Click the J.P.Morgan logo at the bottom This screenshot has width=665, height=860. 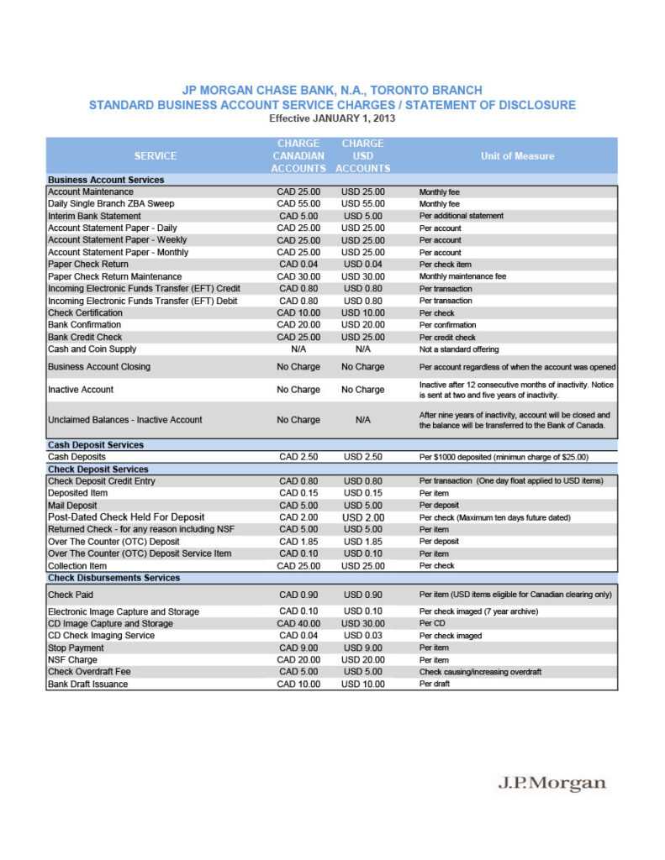pyautogui.click(x=552, y=783)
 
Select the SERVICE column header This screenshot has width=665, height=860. pyautogui.click(x=156, y=155)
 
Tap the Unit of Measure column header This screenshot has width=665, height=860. pyautogui.click(x=517, y=155)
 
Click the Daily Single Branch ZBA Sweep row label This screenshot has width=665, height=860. pyautogui.click(x=111, y=204)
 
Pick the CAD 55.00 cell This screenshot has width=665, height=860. pyautogui.click(x=298, y=204)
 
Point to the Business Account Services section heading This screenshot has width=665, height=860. pyautogui.click(x=106, y=180)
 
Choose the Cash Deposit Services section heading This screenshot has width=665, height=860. pyautogui.click(x=96, y=445)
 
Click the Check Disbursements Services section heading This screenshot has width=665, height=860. pyautogui.click(x=113, y=578)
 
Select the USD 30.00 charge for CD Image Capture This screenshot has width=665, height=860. pyautogui.click(x=363, y=624)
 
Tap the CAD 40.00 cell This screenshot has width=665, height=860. pyautogui.click(x=298, y=624)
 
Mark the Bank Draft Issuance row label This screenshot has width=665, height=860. pyautogui.click(x=87, y=684)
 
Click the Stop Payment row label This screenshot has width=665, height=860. pyautogui.click(x=76, y=648)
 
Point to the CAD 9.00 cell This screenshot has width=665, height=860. pyautogui.click(x=298, y=648)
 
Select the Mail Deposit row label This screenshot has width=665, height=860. pyautogui.click(x=72, y=506)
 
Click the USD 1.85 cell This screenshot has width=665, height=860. pyautogui.click(x=363, y=542)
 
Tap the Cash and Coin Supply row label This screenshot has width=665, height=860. pyautogui.click(x=92, y=349)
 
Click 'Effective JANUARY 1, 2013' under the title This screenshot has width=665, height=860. pyautogui.click(x=332, y=118)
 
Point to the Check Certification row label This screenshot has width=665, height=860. pyautogui.click(x=85, y=312)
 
